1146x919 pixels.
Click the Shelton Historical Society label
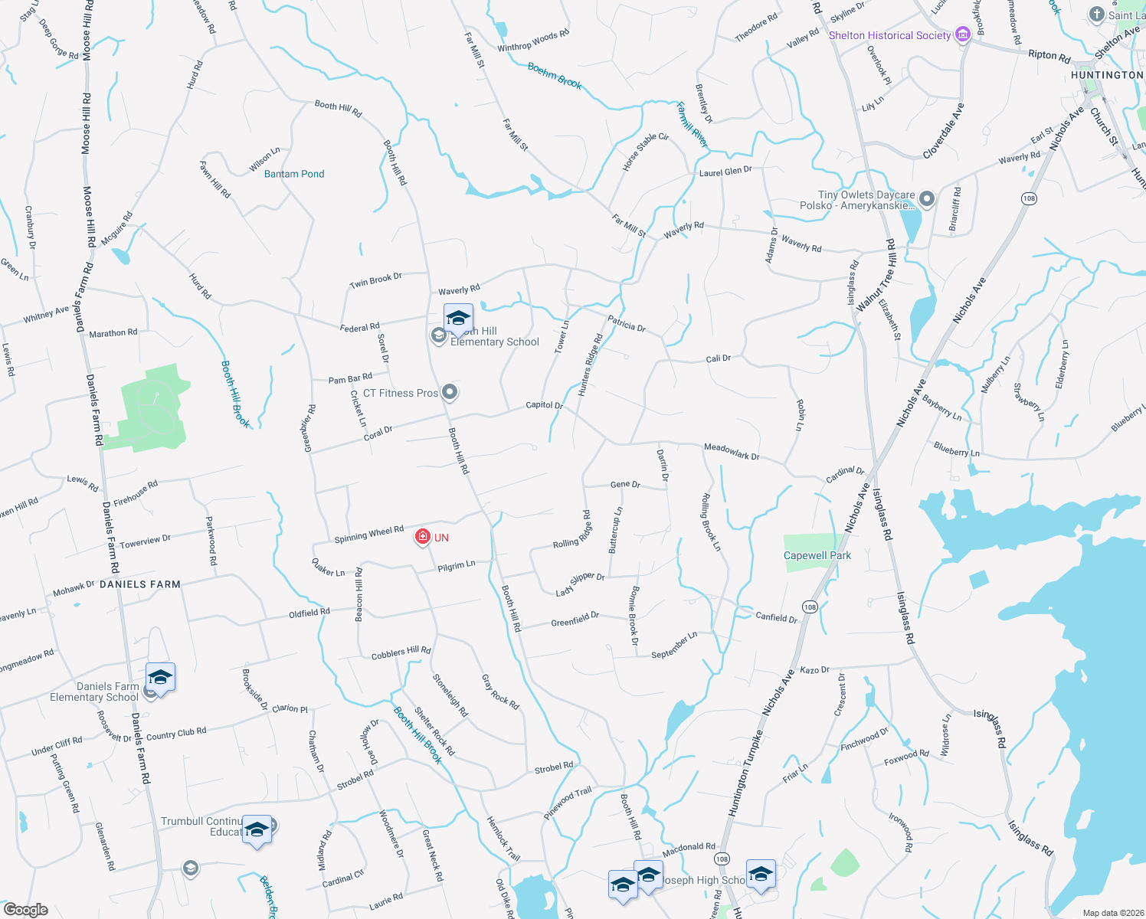tap(889, 35)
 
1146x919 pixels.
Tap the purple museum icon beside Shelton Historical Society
tap(963, 34)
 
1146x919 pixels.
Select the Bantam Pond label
tap(294, 174)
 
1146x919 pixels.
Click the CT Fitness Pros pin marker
tap(450, 393)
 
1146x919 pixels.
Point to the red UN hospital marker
tap(422, 537)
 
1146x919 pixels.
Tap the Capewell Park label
tap(817, 555)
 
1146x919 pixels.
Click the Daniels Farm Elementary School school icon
tap(160, 678)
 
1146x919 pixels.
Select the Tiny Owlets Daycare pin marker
tap(927, 199)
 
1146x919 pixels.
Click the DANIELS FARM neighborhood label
tap(140, 584)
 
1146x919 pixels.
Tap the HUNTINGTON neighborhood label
tap(1106, 75)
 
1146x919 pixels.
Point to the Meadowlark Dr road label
tap(732, 452)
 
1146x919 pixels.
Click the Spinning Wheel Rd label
tap(369, 534)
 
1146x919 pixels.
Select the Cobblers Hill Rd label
tap(401, 653)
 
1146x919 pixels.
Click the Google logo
tap(26, 910)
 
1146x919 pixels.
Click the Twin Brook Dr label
tap(375, 281)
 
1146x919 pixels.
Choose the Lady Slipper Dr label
tap(580, 584)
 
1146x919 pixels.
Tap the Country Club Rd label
tap(176, 734)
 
